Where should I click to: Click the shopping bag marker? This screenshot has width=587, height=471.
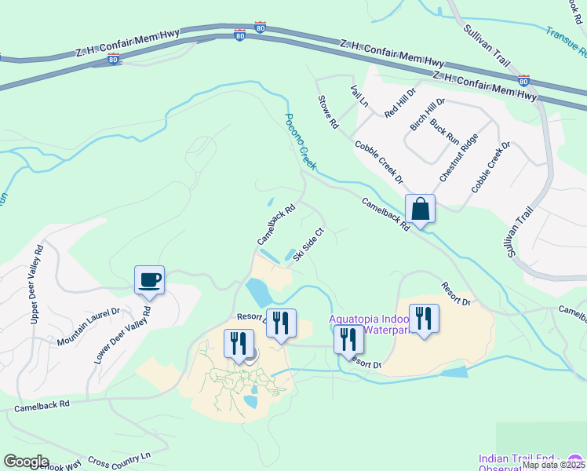click(420, 210)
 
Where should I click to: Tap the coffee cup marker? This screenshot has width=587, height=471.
click(149, 279)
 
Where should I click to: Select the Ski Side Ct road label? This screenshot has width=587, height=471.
click(308, 245)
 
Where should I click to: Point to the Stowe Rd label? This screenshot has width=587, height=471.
click(327, 111)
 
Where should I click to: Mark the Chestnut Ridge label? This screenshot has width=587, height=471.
click(458, 158)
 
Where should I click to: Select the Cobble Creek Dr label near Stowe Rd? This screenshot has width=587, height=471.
click(378, 162)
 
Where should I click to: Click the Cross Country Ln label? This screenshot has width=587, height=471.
click(118, 459)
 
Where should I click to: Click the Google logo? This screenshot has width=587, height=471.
click(27, 462)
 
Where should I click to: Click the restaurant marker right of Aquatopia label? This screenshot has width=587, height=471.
click(424, 319)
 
